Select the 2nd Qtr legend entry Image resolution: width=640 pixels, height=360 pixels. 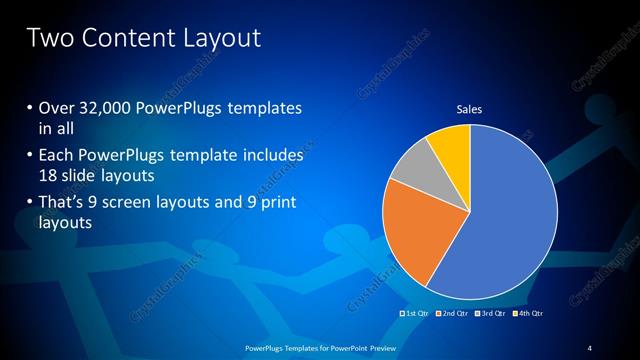pos(452,315)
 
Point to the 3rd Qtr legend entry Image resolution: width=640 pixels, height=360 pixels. pos(492,315)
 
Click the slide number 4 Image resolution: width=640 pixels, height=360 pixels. pos(590,347)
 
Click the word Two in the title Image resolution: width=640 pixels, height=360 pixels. pos(47,39)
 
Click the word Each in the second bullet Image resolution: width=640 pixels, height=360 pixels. pos(56,156)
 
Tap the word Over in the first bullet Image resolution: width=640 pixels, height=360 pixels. pos(57,108)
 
